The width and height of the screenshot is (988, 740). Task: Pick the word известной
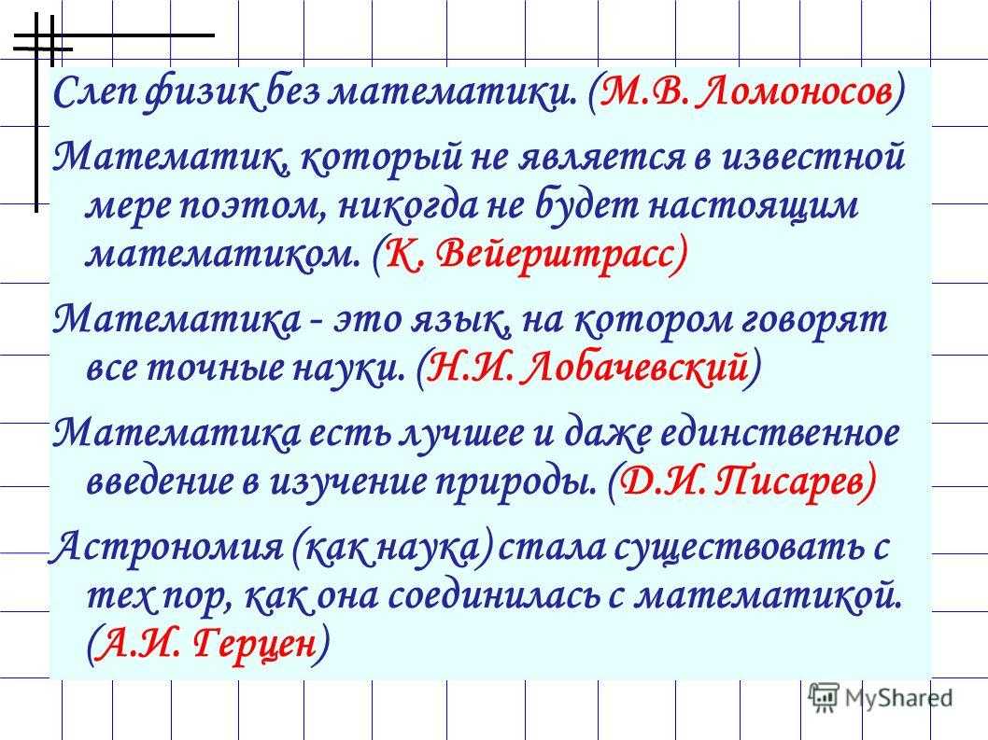click(x=812, y=156)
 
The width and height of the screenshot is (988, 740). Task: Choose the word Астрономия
click(x=167, y=547)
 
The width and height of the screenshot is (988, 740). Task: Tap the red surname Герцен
click(x=253, y=644)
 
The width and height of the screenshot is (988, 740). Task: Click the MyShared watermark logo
click(x=881, y=698)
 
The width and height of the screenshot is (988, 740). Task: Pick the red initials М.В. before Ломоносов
click(x=642, y=92)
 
